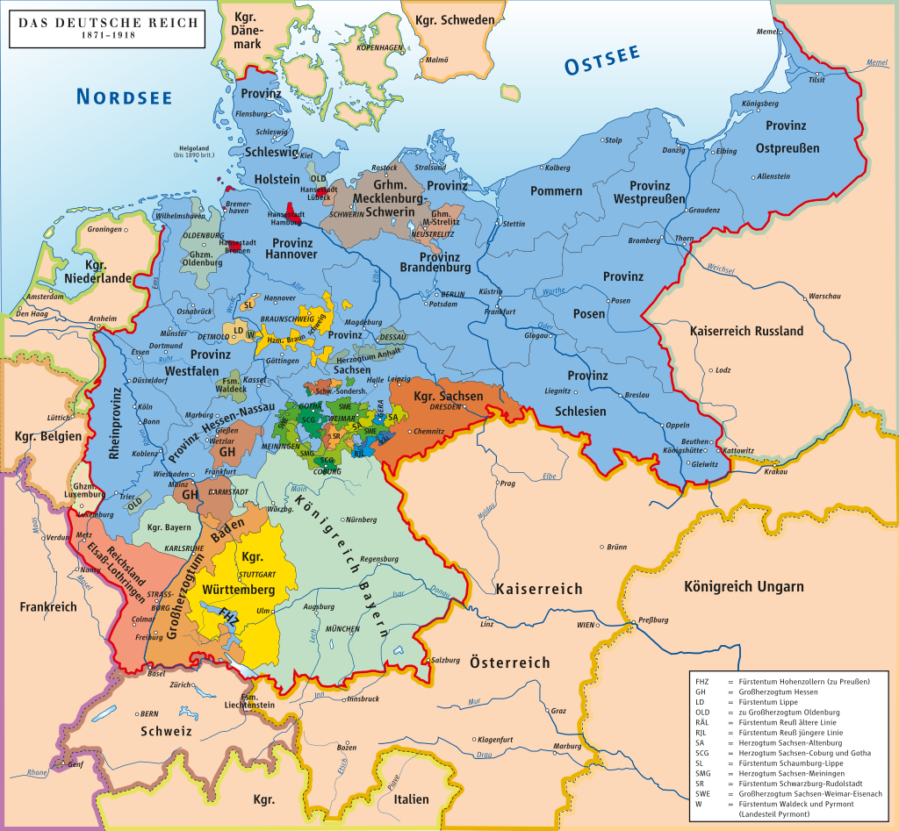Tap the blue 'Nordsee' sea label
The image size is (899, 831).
click(123, 97)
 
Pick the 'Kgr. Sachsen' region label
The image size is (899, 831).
click(448, 397)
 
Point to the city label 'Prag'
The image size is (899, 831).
click(507, 483)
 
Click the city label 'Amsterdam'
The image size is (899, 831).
click(46, 297)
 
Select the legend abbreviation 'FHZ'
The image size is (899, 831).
click(702, 682)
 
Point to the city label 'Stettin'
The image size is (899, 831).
click(514, 224)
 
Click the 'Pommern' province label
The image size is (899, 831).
click(556, 190)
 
